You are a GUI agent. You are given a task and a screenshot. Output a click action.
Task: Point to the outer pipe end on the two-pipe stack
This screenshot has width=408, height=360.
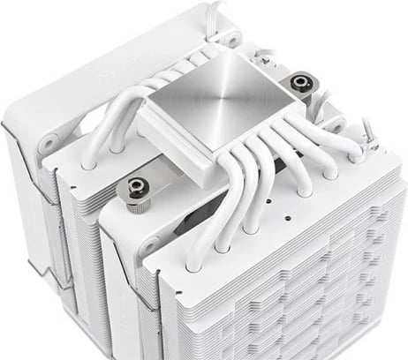point(89,163)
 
